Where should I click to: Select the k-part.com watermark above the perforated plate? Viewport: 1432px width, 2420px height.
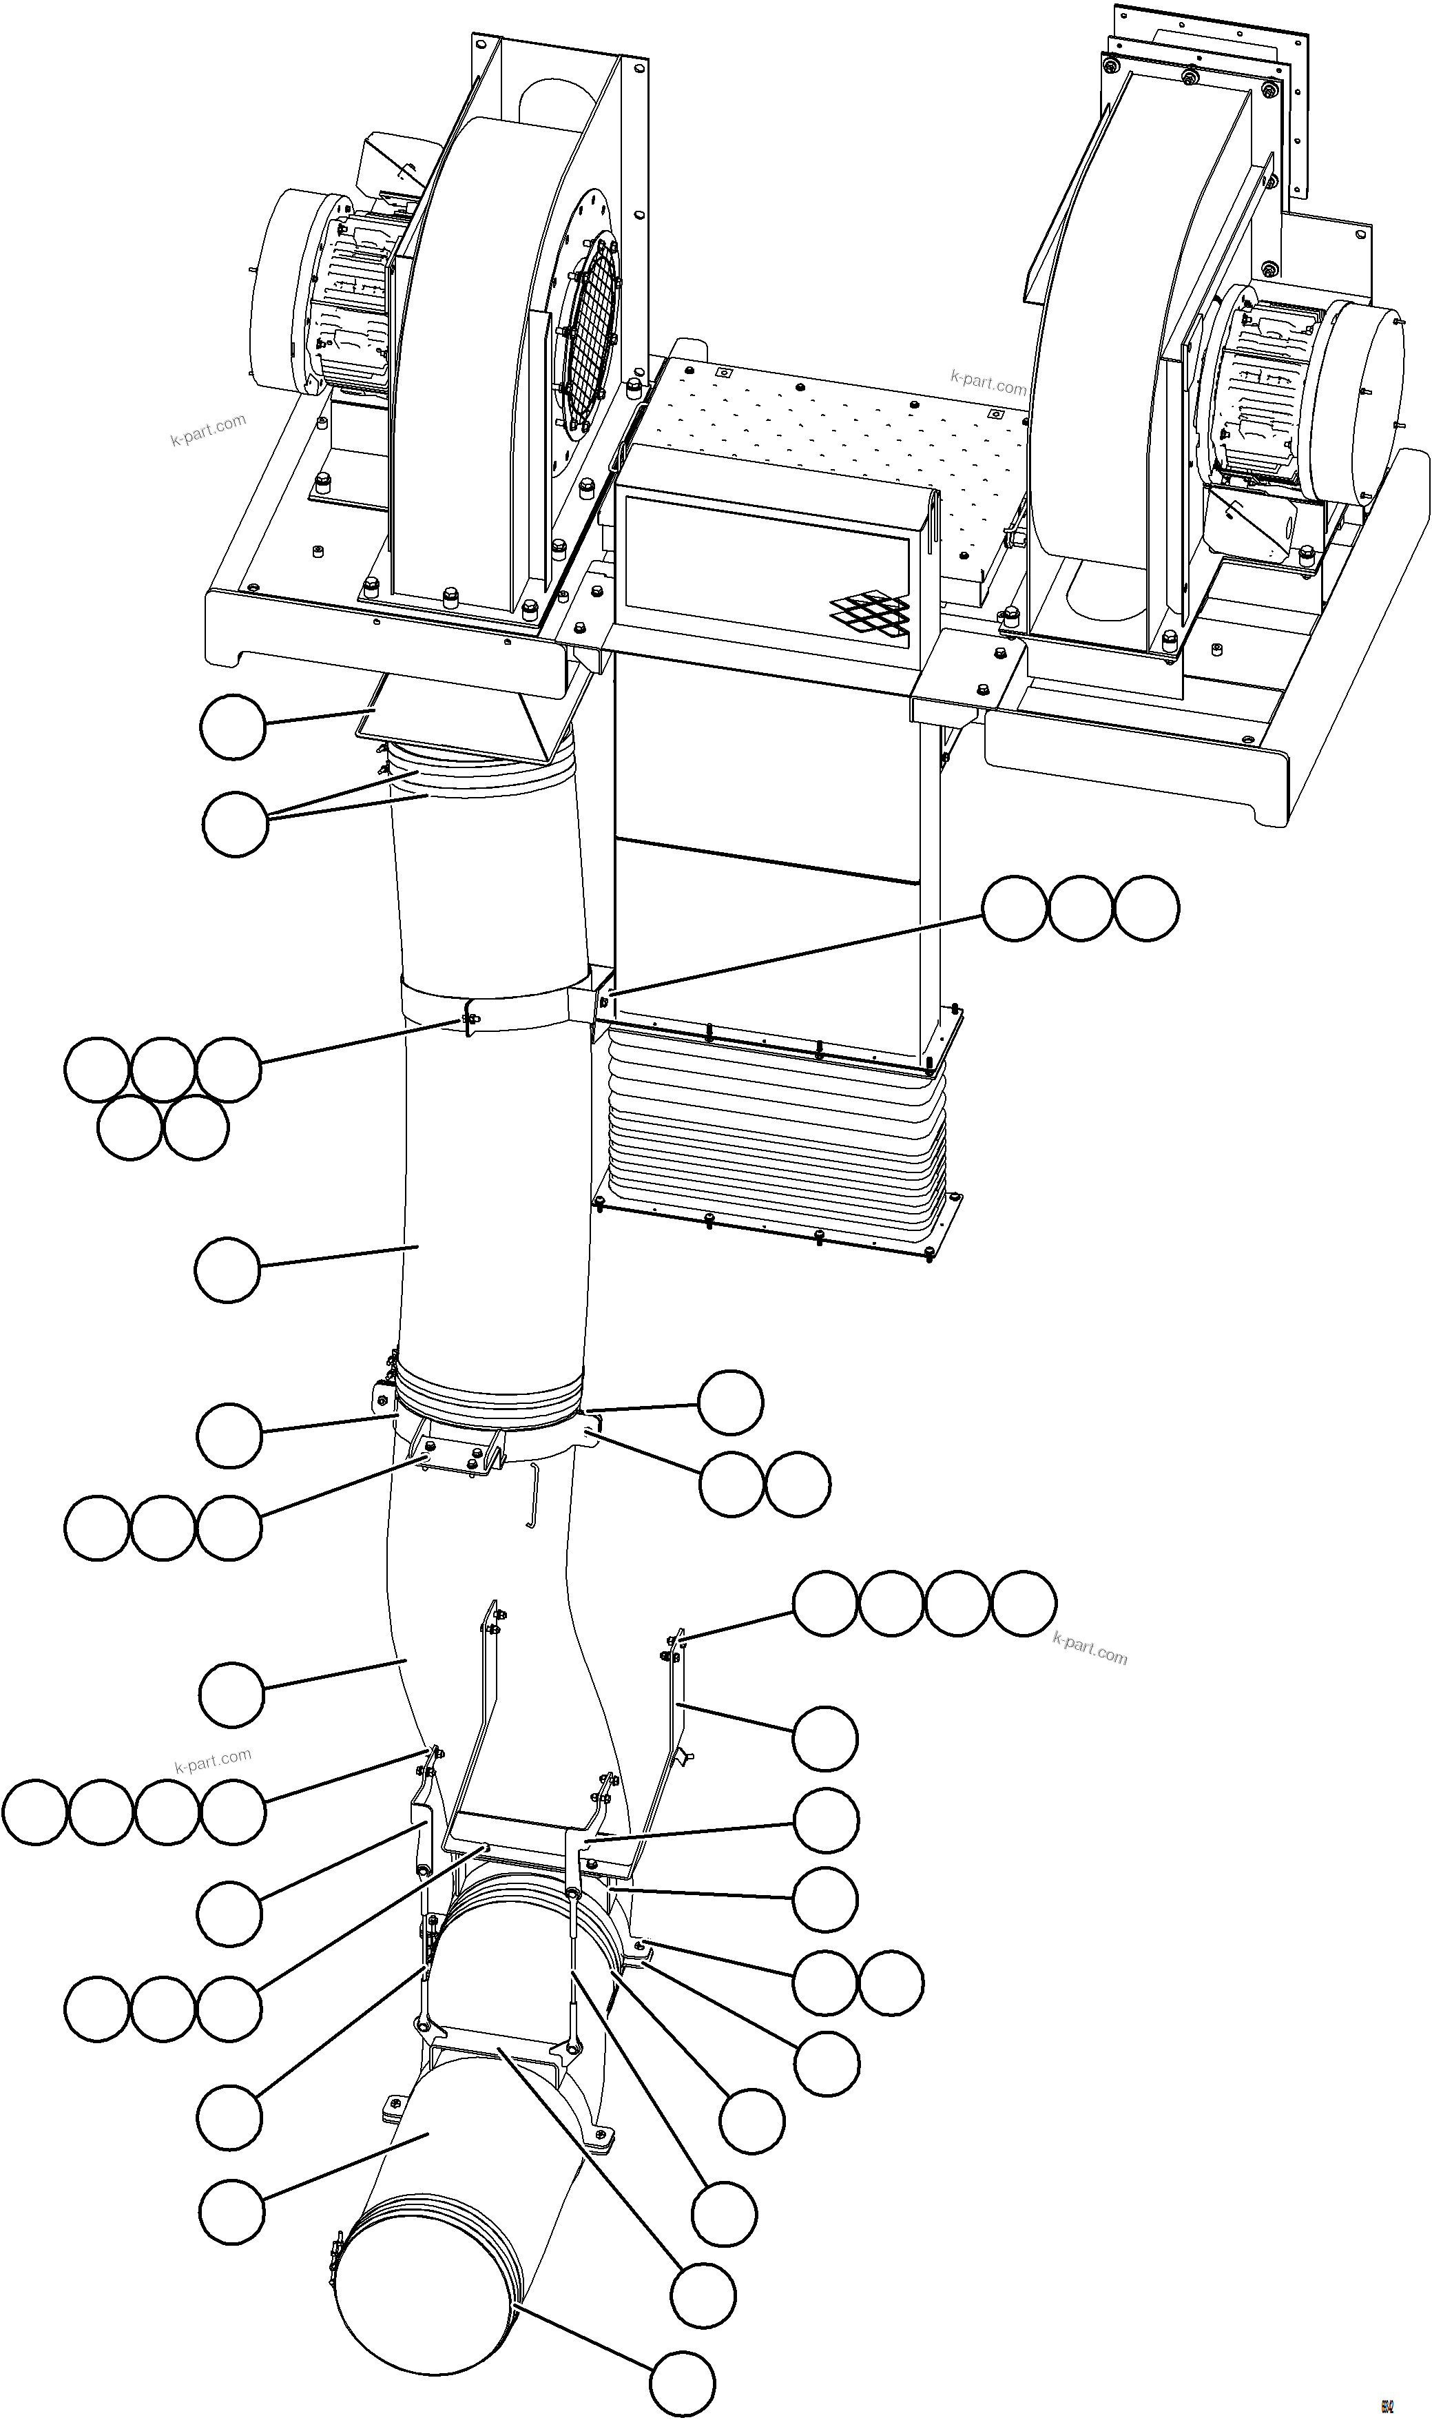988,382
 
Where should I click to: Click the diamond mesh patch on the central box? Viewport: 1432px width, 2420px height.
871,611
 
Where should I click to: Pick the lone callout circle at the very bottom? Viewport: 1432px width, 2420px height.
682,2377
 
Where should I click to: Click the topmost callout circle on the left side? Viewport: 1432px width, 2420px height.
233,727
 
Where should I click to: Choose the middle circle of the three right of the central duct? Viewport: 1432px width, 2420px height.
1080,908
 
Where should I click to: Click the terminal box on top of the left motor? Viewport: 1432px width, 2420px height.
395,164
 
